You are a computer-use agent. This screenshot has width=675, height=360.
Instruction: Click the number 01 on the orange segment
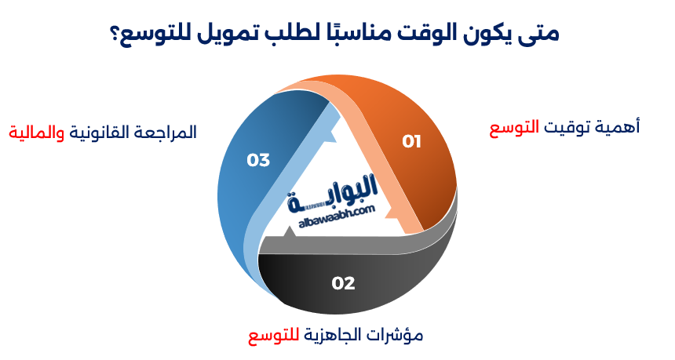coord(412,142)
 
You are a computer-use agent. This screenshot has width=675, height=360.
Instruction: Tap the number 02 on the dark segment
coord(344,283)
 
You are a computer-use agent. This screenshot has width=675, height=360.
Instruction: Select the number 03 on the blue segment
coord(258,160)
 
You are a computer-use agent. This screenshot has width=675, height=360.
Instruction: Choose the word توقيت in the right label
coord(569,128)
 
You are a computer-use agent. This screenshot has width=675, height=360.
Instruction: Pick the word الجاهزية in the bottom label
coord(334,336)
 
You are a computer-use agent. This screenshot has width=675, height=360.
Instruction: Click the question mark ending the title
coord(115,35)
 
